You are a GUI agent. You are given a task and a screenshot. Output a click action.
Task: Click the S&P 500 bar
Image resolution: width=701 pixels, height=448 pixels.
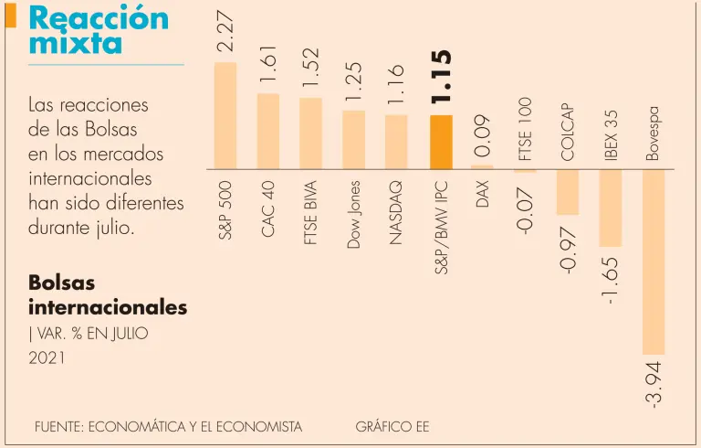[225, 115]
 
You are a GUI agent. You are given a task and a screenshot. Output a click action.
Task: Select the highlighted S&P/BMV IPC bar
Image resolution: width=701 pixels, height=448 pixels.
[440, 142]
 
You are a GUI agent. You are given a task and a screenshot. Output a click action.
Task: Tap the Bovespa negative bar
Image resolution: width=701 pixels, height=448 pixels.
[653, 261]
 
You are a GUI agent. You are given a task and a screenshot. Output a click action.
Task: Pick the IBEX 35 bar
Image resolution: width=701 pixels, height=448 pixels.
[610, 208]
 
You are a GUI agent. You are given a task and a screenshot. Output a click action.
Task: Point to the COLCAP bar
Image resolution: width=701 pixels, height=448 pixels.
[567, 192]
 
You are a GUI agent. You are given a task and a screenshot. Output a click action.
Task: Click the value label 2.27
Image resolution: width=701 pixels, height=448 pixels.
[225, 30]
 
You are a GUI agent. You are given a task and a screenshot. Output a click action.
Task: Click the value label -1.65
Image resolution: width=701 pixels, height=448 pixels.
[610, 279]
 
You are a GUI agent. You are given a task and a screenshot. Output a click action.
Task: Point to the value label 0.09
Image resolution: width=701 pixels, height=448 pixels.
[483, 134]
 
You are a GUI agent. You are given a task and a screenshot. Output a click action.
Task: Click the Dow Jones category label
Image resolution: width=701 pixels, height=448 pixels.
[354, 214]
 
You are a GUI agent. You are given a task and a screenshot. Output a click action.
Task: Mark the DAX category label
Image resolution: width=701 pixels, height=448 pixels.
[483, 193]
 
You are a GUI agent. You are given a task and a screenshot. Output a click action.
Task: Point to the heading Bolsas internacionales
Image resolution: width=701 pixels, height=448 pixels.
[108, 294]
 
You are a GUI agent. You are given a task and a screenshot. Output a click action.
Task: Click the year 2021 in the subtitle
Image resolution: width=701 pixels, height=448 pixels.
[47, 358]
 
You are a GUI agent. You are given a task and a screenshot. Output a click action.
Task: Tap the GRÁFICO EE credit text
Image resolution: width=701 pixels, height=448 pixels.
[392, 427]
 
